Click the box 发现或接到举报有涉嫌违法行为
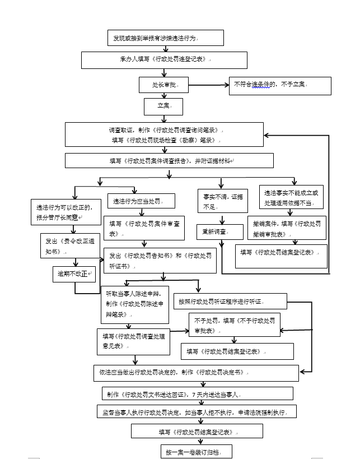(x=166, y=38)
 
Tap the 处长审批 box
(x=163, y=85)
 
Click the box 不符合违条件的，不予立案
(x=280, y=85)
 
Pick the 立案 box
(x=163, y=105)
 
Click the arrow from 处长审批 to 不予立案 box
(x=208, y=85)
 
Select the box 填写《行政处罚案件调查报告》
(x=169, y=161)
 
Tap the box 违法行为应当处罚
(x=142, y=201)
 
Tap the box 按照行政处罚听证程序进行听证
(x=230, y=301)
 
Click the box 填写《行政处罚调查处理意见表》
(x=133, y=341)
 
